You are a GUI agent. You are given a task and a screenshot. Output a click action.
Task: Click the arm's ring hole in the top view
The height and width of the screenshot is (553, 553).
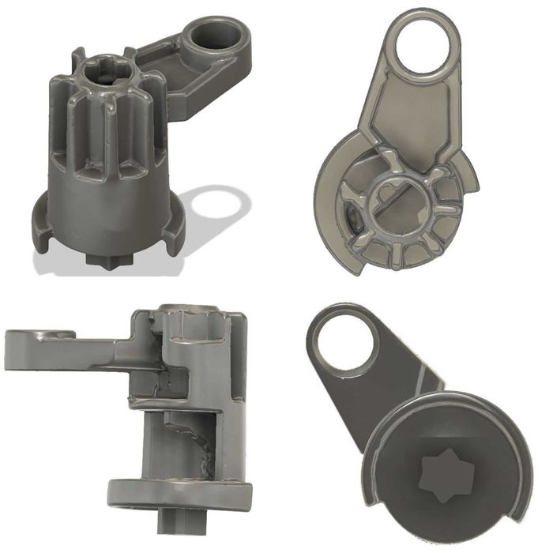coord(425,46)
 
